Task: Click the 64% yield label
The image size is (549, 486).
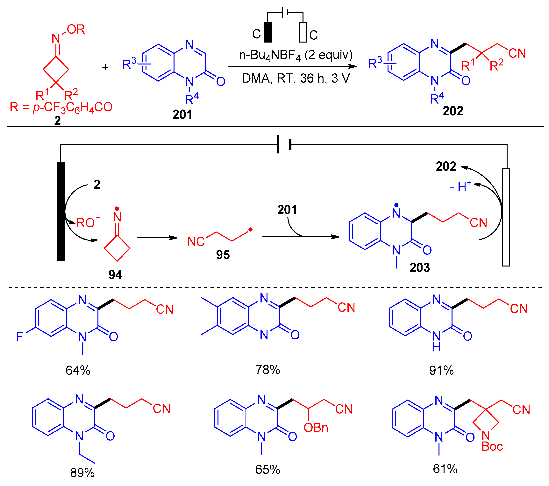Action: pyautogui.click(x=78, y=370)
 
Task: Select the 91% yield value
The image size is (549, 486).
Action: pyautogui.click(x=441, y=370)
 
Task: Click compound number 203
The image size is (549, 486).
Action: pyautogui.click(x=420, y=268)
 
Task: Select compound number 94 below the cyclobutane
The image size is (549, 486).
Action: pyautogui.click(x=115, y=275)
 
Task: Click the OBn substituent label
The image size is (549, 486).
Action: pyautogui.click(x=316, y=428)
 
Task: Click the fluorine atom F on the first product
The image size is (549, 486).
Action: pyautogui.click(x=20, y=337)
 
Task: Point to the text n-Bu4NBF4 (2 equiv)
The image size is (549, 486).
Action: pyautogui.click(x=296, y=55)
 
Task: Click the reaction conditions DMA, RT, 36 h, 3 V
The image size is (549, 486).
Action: pyautogui.click(x=296, y=78)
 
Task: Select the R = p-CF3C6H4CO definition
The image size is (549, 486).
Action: pyautogui.click(x=61, y=107)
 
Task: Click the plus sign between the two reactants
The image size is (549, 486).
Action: pyautogui.click(x=105, y=67)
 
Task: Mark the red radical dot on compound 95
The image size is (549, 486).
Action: pyautogui.click(x=250, y=229)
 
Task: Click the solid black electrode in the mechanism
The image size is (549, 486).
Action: pyautogui.click(x=61, y=211)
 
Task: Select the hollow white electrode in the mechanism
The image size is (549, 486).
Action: pyautogui.click(x=506, y=217)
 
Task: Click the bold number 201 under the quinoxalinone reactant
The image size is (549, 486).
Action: pyautogui.click(x=182, y=115)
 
